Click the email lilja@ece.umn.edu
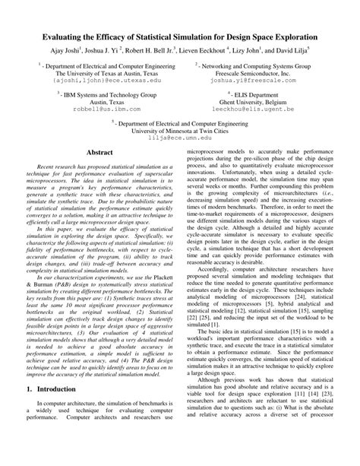(179, 138)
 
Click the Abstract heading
(102, 152)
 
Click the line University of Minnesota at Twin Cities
(179, 131)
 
